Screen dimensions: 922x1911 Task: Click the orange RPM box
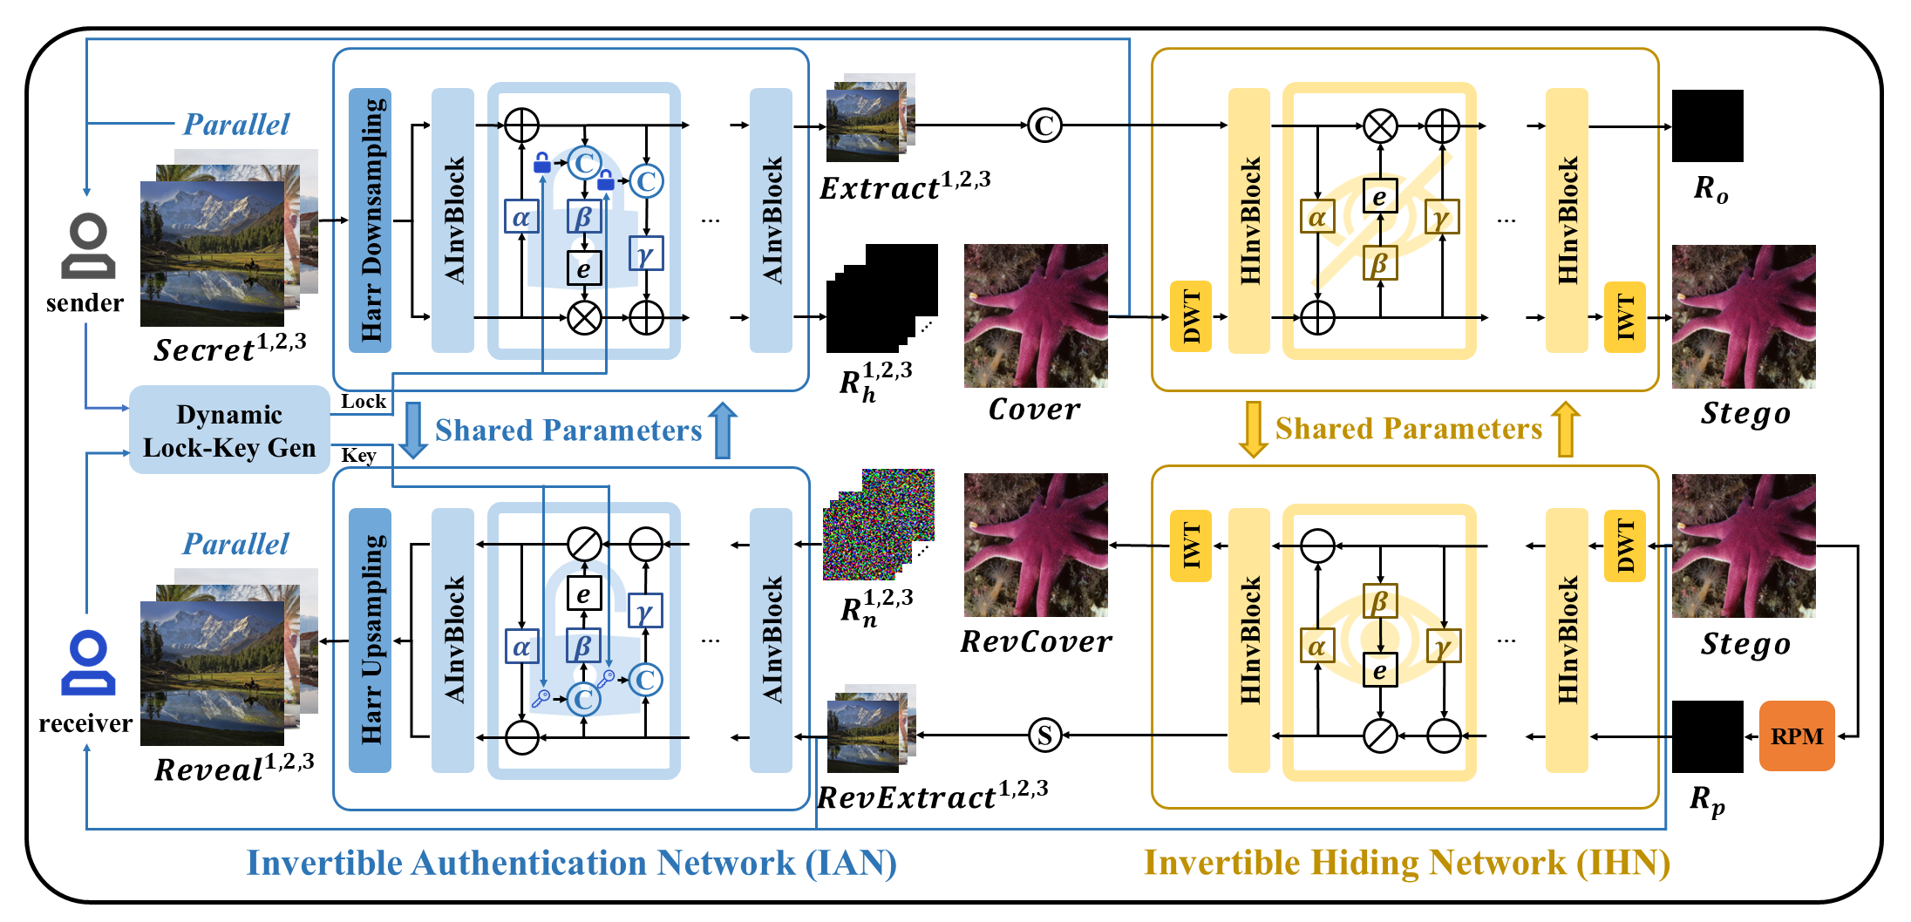1796,736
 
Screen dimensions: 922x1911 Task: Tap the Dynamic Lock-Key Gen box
229,430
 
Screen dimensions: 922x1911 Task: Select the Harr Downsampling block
370,220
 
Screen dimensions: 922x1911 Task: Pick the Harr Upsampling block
370,641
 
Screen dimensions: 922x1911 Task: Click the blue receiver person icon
87,663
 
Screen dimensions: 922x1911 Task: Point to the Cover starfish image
1036,315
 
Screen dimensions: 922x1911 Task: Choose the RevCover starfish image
1036,545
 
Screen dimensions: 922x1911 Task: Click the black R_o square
1707,125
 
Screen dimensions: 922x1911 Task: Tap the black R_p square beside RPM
1707,736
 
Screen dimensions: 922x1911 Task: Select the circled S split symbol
1044,736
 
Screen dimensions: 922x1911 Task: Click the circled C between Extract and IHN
1044,125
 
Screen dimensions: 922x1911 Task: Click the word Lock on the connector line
363,401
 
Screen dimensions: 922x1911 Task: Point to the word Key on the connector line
358,456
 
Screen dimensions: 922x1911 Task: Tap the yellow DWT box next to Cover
1191,316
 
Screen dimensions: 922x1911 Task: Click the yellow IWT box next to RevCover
1191,546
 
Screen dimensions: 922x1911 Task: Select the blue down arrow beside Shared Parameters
413,430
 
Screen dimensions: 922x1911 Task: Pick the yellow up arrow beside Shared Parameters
1565,429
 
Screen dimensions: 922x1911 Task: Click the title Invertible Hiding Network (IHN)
1406,863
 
